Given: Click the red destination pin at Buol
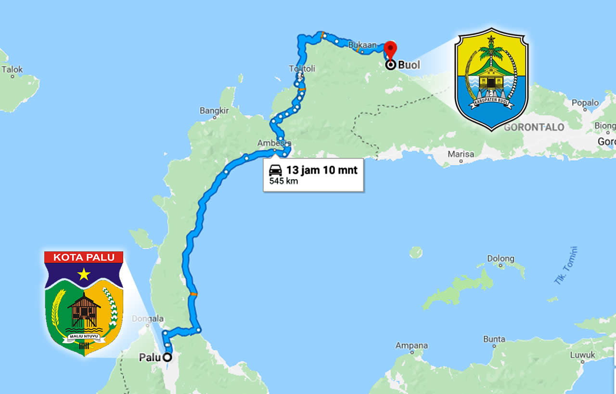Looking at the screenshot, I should point(390,50).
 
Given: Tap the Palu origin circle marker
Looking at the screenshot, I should point(167,357).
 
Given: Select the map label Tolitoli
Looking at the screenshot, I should point(302,69).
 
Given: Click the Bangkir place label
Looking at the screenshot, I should point(214,111).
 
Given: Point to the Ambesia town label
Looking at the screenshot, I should point(274,143).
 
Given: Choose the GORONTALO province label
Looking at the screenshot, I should point(534,128).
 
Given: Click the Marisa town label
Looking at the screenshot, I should point(461,154).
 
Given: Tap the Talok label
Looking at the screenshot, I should point(12,69).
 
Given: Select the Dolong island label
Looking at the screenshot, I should point(500,259).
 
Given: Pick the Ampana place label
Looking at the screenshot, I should point(411,345).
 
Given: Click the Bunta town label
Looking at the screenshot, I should point(494,339).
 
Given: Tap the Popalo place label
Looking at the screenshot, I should point(585,103).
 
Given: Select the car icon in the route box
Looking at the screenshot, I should point(275,170).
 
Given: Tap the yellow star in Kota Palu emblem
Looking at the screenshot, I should point(84,274).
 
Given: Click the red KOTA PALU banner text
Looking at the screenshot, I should point(84,257).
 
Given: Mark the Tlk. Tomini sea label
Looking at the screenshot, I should point(565,266).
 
